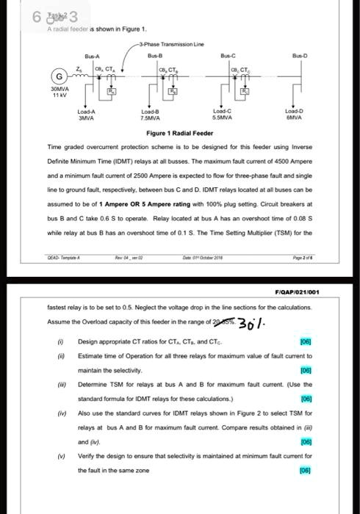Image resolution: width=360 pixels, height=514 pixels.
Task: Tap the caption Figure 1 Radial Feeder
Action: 180,134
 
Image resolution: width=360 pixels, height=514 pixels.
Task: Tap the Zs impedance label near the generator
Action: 79,68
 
